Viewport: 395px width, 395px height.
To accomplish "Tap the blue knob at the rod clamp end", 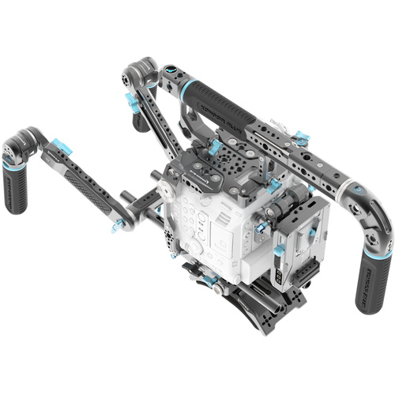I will (x=118, y=228).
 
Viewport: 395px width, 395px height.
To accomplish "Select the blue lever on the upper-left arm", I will (x=130, y=100).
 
